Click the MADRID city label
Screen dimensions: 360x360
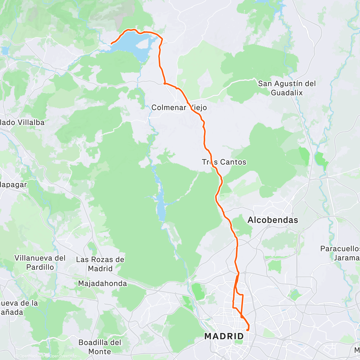(x=224, y=336)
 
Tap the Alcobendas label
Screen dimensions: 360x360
(x=273, y=220)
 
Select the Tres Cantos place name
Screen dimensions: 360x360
(x=224, y=162)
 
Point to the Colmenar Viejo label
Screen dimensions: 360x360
(x=179, y=108)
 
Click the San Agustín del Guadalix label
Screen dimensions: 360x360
(x=287, y=88)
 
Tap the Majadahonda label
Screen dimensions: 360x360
(x=102, y=283)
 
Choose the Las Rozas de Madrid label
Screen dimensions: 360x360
(x=100, y=264)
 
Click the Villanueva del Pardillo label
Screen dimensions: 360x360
(x=40, y=262)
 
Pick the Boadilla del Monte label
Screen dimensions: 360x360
(x=100, y=347)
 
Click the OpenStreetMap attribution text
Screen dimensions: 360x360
(x=61, y=356)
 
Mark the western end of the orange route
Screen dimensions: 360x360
(x=112, y=44)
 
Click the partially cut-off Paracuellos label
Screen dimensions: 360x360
(x=340, y=249)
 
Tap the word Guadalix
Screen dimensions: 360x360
(x=287, y=93)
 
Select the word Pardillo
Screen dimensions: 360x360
(x=40, y=267)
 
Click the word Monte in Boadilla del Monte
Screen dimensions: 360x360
(x=100, y=352)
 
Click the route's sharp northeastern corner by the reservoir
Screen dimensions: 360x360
(x=162, y=39)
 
